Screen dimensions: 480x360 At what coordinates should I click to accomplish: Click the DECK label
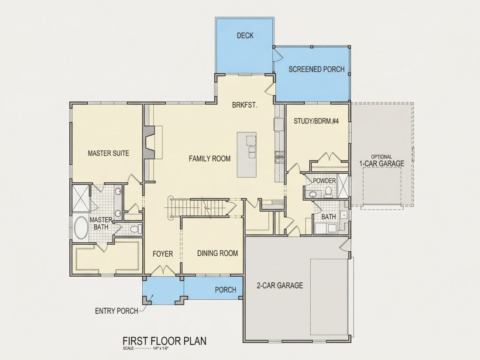point(245,35)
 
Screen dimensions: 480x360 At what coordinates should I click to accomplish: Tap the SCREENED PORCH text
point(316,69)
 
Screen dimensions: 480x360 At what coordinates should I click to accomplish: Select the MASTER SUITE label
point(108,153)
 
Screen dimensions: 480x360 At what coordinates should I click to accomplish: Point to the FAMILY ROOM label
point(210,158)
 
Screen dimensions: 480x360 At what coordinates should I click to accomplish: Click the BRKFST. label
point(244,105)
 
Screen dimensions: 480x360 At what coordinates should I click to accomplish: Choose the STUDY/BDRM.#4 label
point(316,121)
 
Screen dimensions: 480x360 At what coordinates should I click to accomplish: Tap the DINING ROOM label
point(217,253)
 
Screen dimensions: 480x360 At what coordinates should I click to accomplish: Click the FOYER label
point(163,254)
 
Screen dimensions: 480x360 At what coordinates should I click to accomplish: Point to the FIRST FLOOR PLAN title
point(165,341)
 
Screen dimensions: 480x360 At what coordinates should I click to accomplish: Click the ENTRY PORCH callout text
point(117,311)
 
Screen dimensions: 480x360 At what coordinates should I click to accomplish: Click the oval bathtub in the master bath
point(81,228)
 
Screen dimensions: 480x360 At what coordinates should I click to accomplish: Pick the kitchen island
point(247,154)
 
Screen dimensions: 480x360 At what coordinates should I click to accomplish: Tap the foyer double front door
point(165,270)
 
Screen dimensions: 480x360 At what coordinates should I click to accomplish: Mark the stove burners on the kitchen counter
point(280,156)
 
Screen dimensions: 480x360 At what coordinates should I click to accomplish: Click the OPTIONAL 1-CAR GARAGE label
point(381,161)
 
